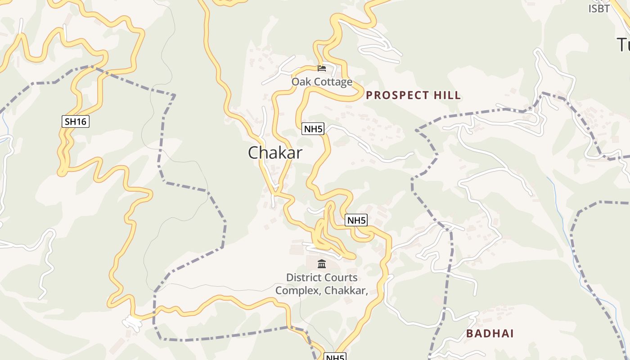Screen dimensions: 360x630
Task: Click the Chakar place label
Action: (275, 153)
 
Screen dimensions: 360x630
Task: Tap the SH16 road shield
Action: (76, 121)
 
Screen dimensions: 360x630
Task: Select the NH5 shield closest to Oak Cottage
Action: (313, 129)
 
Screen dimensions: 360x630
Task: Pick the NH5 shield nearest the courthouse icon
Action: (356, 220)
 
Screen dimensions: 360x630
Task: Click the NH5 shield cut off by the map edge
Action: (335, 357)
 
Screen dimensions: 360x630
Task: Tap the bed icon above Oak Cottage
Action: (322, 68)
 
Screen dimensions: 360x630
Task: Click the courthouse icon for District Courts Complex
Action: (322, 264)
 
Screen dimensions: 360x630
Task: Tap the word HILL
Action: (448, 95)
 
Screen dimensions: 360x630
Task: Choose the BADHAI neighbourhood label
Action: (490, 334)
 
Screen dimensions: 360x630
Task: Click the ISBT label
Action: (599, 9)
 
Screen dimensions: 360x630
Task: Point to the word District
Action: (303, 278)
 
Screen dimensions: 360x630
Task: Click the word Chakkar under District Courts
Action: (346, 291)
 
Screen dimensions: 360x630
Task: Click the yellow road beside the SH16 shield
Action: (65, 135)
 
